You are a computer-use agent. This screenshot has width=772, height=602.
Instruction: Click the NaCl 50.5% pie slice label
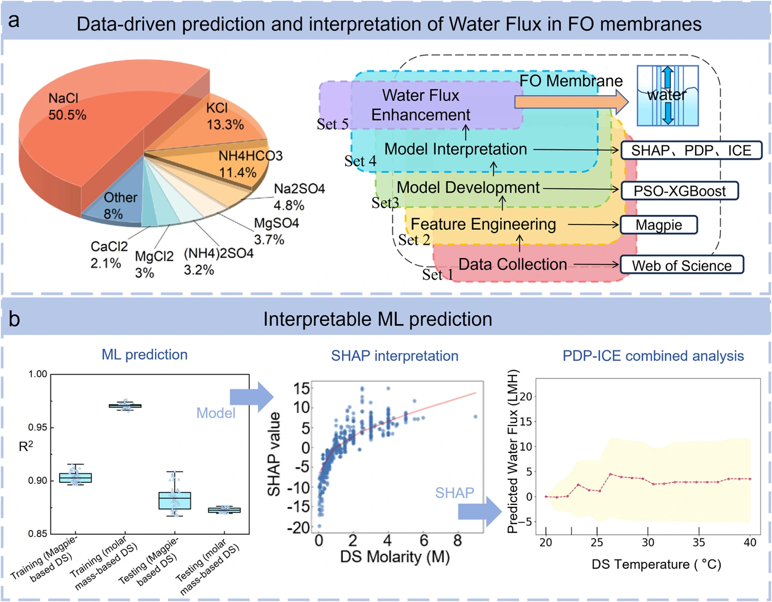click(67, 106)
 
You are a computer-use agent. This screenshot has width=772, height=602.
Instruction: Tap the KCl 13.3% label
click(225, 116)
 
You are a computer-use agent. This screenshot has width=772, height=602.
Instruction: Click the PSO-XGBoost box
click(680, 191)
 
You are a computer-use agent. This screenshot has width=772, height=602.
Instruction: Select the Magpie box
click(659, 224)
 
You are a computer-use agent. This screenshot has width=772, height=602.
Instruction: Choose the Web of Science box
click(682, 265)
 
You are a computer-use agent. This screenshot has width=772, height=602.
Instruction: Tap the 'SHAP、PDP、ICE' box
click(691, 150)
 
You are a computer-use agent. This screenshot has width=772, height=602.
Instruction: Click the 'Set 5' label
click(332, 124)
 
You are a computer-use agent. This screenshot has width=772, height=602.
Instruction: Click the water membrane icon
click(668, 95)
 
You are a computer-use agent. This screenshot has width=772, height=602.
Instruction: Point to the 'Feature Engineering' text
click(483, 224)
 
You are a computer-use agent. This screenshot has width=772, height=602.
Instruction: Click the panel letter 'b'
click(14, 319)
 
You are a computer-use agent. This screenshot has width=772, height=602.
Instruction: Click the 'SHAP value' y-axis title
click(274, 454)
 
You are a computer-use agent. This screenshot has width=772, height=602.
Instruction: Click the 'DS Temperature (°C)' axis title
click(656, 564)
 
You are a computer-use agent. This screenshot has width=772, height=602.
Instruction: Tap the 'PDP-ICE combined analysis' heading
click(653, 356)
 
